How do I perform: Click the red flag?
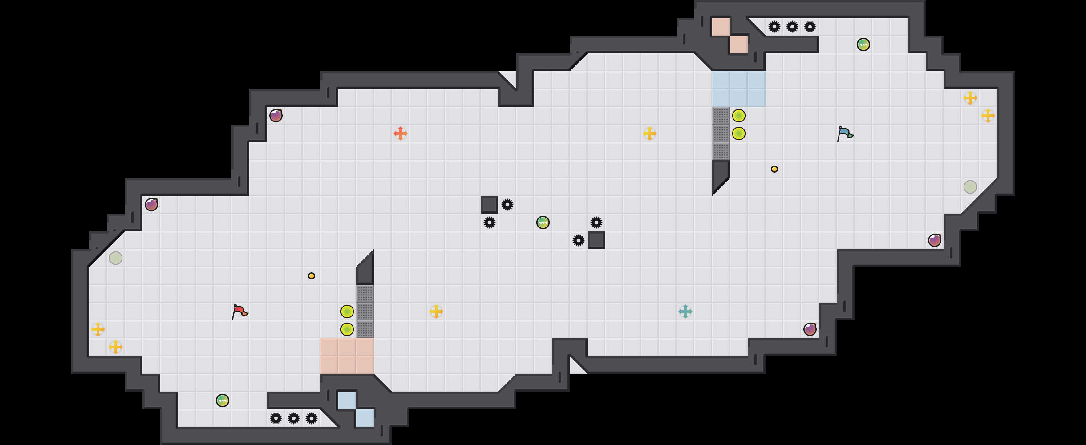tap(239, 311)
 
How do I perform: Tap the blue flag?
tap(844, 133)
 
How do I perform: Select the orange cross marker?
tap(401, 133)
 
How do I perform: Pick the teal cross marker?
tap(685, 311)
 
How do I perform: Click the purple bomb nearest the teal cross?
tap(810, 329)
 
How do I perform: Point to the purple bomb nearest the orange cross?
tap(276, 116)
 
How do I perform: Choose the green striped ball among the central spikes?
tap(543, 222)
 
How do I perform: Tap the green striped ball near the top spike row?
tap(863, 44)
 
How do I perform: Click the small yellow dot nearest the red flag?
tap(312, 276)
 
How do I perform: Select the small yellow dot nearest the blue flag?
tap(774, 169)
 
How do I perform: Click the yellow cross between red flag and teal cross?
tap(436, 311)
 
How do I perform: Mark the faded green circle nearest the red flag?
tap(116, 258)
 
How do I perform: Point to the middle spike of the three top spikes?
tap(792, 27)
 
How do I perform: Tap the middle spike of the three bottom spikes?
tap(294, 418)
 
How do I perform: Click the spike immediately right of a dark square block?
tap(507, 205)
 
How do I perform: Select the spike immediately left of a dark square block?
tap(579, 240)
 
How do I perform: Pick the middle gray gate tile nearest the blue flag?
tap(721, 133)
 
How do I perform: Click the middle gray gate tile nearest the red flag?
tap(365, 311)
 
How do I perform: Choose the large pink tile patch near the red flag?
tap(347, 356)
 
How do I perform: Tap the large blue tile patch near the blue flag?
tap(739, 89)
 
